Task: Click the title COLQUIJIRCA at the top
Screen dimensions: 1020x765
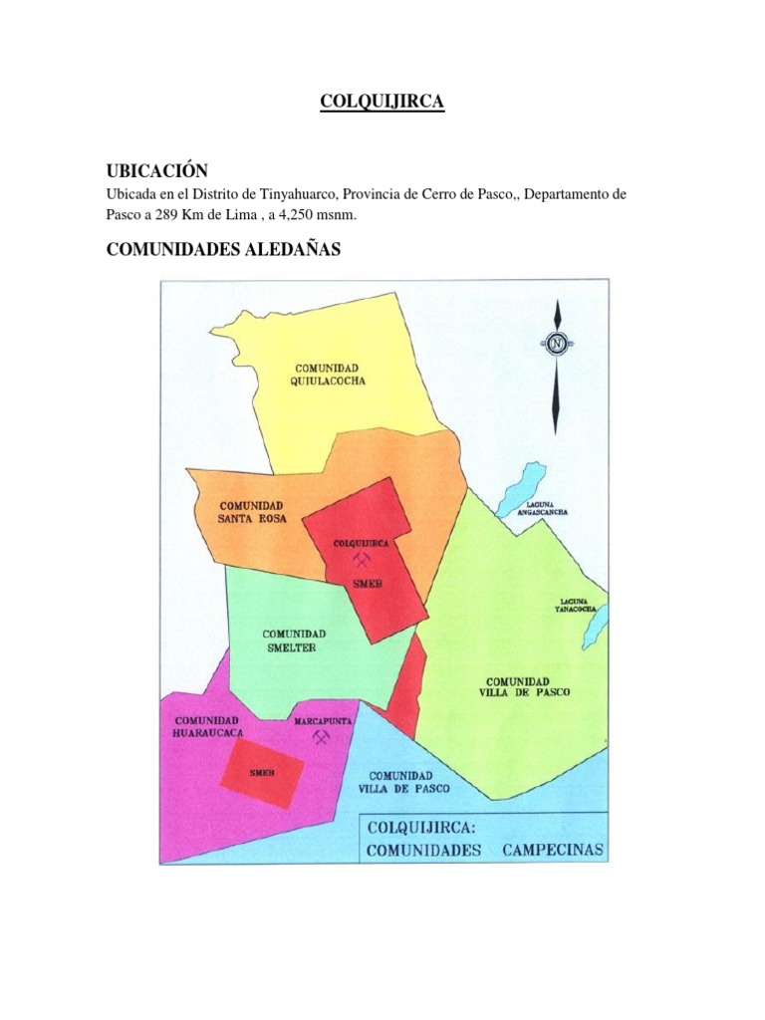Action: tap(382, 103)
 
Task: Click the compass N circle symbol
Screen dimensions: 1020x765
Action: tap(556, 344)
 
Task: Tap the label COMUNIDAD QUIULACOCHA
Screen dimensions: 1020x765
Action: tap(320, 375)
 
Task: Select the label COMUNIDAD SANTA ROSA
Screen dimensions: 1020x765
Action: tap(252, 512)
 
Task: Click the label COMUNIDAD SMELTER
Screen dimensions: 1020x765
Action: tap(293, 640)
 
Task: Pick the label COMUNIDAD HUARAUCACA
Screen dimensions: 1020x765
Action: tap(208, 727)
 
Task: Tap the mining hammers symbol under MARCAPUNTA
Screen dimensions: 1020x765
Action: tap(321, 738)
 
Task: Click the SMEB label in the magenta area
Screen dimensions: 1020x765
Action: tap(262, 773)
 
